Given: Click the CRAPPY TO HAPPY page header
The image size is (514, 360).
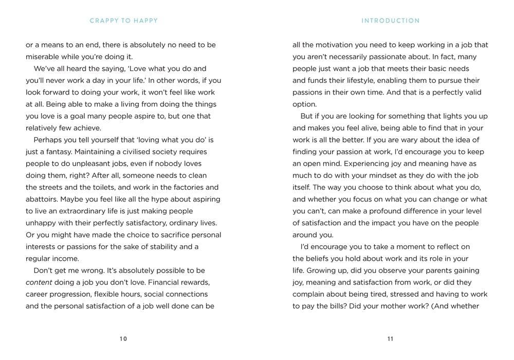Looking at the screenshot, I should [x=123, y=21].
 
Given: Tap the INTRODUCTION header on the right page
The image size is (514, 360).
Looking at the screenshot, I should [x=391, y=21].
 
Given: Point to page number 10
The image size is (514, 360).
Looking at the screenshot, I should [x=123, y=338].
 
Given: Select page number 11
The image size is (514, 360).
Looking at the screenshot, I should [x=390, y=338].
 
